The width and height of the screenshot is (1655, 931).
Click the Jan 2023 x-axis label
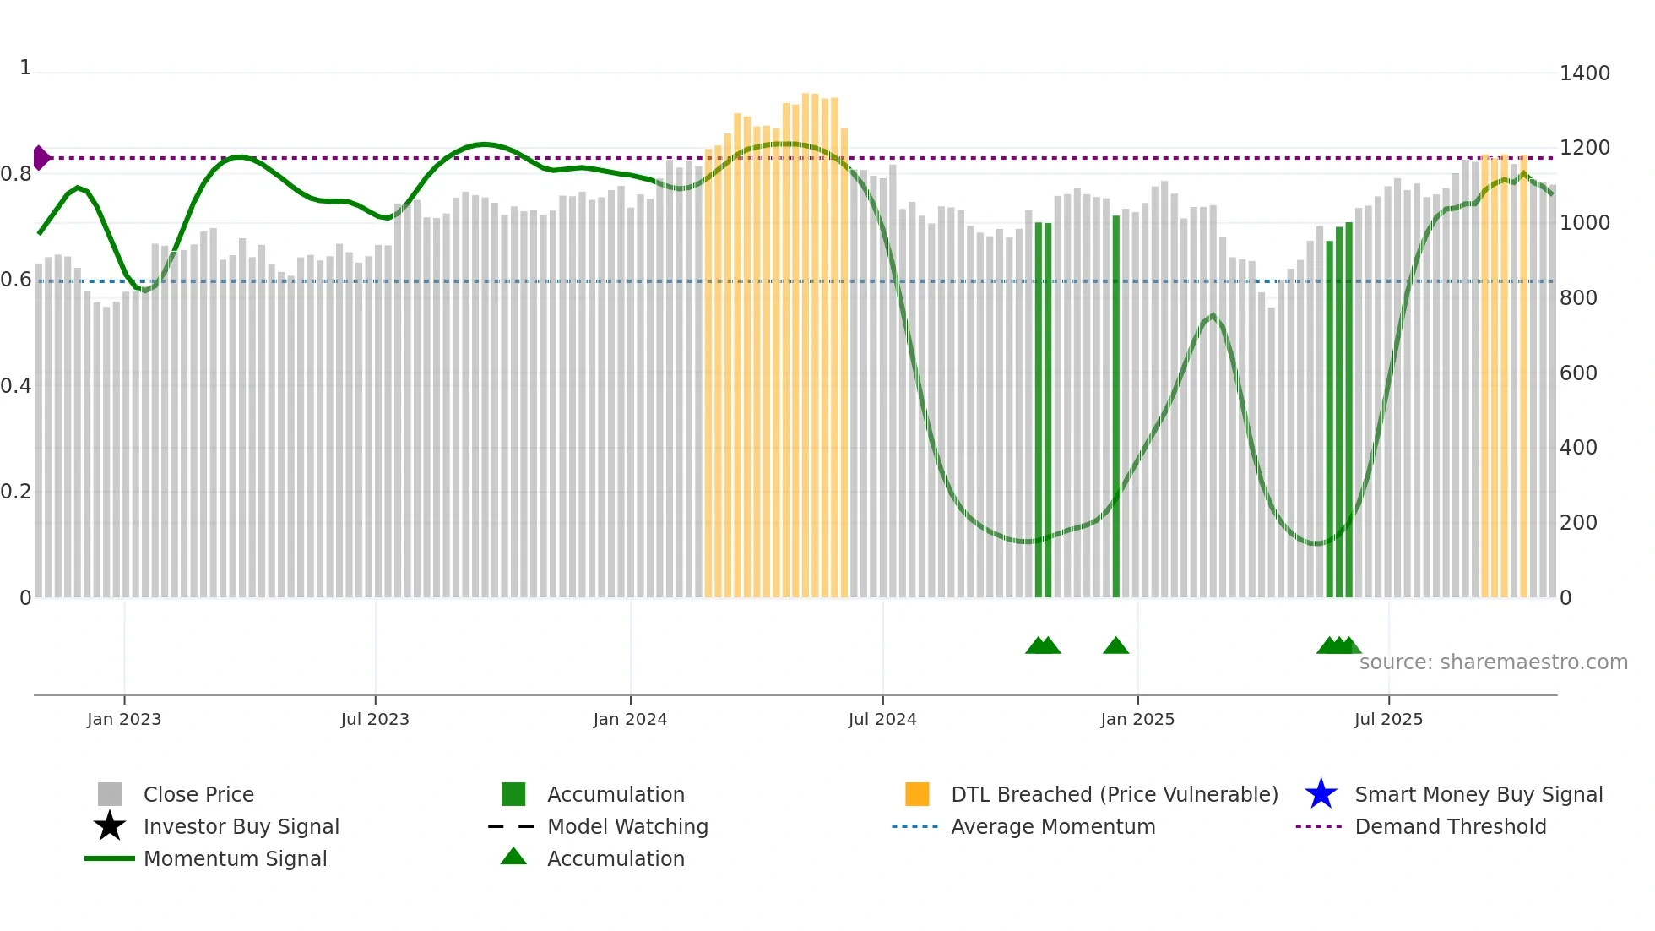click(124, 719)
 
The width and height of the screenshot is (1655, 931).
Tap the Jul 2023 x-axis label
click(375, 719)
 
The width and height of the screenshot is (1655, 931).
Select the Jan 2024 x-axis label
click(630, 719)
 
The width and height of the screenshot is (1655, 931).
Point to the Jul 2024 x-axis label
click(882, 719)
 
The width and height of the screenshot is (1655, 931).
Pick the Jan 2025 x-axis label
click(1137, 719)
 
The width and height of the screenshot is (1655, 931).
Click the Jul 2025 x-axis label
click(1388, 719)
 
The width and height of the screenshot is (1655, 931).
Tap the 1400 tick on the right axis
click(1584, 73)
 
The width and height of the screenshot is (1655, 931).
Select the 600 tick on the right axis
click(1578, 373)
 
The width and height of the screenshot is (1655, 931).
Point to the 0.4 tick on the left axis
click(16, 386)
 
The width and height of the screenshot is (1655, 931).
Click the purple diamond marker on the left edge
click(41, 158)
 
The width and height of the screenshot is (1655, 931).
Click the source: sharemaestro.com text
click(1493, 662)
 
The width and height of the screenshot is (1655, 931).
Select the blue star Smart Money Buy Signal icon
click(1321, 794)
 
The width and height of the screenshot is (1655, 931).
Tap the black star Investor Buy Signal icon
click(110, 826)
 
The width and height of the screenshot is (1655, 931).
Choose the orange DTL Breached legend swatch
click(917, 794)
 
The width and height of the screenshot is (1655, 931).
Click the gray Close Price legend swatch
click(110, 794)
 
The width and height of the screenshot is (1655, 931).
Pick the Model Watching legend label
click(627, 826)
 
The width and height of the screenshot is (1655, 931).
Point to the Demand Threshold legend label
click(1450, 826)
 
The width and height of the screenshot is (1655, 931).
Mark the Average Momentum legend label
click(1053, 826)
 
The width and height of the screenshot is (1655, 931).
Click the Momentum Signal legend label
click(235, 858)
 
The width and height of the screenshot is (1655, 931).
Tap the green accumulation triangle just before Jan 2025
click(1115, 646)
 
